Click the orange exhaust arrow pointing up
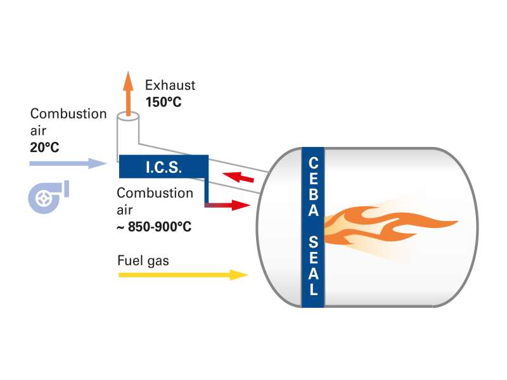tap(129, 93)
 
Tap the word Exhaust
tap(170, 85)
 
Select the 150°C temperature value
tap(164, 102)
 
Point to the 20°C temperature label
tap(44, 148)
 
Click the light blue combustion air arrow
tap(68, 163)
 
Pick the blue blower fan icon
tap(49, 197)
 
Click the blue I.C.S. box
tap(164, 167)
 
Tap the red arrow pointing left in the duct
tap(238, 177)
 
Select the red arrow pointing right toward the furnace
tap(228, 205)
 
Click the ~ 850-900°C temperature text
tap(154, 227)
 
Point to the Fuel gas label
tap(143, 261)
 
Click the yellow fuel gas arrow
tap(183, 275)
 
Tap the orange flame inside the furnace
tap(390, 225)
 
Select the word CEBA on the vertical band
tap(313, 187)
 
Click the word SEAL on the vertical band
tap(313, 265)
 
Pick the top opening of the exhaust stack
tap(128, 117)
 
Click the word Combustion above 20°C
tap(68, 114)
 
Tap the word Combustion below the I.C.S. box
tap(155, 193)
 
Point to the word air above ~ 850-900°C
tap(124, 210)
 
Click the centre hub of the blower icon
tap(43, 199)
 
